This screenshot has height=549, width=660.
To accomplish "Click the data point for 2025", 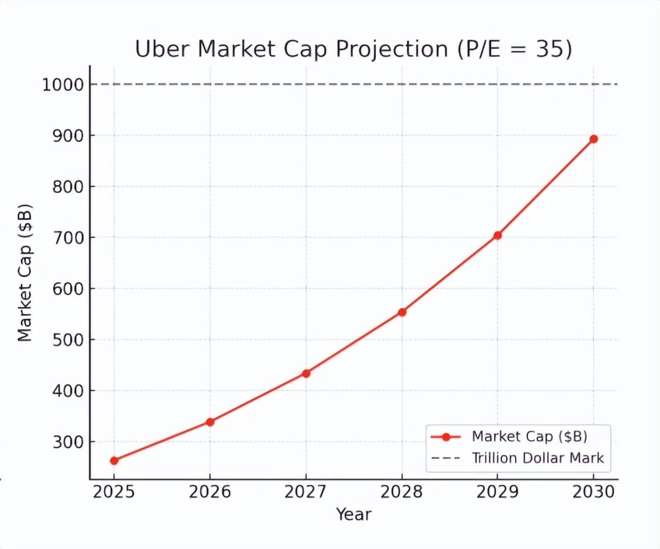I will [114, 460].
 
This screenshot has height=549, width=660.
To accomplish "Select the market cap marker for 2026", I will [210, 422].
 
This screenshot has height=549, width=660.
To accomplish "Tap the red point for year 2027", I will [306, 373].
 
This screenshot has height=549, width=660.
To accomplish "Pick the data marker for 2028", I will [402, 312].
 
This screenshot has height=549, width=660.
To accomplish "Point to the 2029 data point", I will [497, 235].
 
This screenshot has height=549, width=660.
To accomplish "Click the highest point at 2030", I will [593, 139].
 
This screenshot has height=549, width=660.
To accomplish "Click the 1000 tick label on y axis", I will [62, 84].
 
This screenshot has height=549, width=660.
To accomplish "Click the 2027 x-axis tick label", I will [306, 492].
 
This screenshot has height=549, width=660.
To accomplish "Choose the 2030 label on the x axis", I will [593, 492].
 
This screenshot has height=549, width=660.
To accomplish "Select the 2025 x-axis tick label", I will [114, 492].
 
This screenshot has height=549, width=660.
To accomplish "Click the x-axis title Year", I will [353, 515].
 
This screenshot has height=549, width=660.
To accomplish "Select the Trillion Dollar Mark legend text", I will [538, 458].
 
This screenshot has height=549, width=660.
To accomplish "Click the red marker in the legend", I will [446, 437].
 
